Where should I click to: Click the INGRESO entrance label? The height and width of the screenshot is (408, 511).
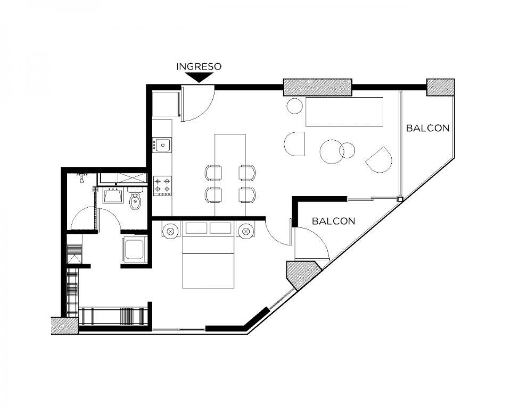click(199, 66)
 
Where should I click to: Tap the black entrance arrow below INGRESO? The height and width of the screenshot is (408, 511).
click(199, 77)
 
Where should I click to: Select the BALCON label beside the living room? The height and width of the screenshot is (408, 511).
click(427, 128)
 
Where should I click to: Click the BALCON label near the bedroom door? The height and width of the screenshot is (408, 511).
click(333, 221)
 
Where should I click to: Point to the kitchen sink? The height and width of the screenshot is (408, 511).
click(162, 145)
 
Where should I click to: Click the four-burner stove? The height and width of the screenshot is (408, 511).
click(163, 185)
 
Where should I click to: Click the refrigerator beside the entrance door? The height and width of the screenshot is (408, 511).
click(166, 104)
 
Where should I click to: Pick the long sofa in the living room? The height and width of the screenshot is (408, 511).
click(344, 112)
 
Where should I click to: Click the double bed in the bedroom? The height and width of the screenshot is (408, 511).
click(208, 254)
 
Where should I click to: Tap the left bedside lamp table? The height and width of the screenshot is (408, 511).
click(170, 231)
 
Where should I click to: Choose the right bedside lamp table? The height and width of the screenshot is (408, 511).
click(246, 231)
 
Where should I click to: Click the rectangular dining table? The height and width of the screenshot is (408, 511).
click(230, 175)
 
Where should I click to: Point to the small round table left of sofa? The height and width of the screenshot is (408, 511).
click(295, 106)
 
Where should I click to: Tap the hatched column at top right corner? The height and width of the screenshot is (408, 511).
click(441, 87)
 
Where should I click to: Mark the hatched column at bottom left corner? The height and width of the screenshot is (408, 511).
click(64, 326)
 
